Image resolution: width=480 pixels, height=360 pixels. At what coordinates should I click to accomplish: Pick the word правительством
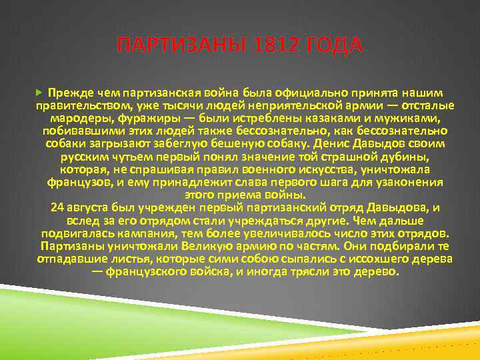click(83, 105)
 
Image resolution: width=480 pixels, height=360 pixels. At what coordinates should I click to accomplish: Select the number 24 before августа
click(57, 208)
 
